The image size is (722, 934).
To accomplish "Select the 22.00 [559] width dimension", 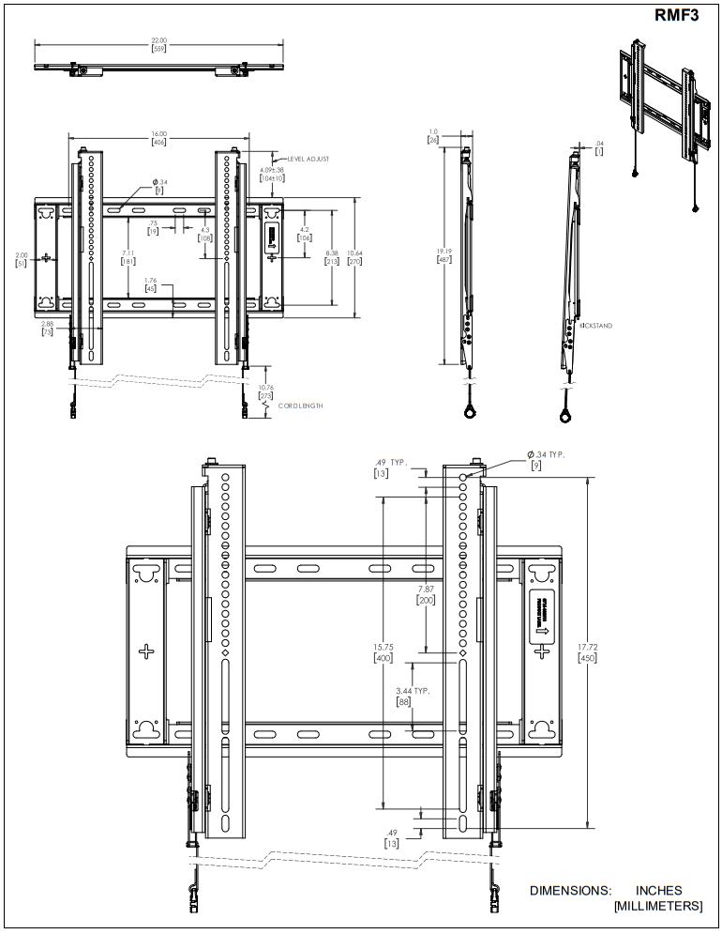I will pyautogui.click(x=158, y=44).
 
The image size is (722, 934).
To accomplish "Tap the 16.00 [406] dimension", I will pyautogui.click(x=158, y=138).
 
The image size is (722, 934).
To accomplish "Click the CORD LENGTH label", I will pyautogui.click(x=301, y=406).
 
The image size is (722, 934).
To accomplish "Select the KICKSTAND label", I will pyautogui.click(x=596, y=326).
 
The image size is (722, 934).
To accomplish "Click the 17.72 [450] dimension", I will pyautogui.click(x=588, y=652).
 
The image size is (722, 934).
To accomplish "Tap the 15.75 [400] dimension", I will pyautogui.click(x=384, y=652).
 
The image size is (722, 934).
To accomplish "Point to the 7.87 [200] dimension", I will pyautogui.click(x=427, y=594).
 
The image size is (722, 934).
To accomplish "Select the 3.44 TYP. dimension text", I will pyautogui.click(x=413, y=690).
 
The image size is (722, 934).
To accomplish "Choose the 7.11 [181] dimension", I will pyautogui.click(x=127, y=257).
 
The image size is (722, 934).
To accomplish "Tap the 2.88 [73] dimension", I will pyautogui.click(x=47, y=328).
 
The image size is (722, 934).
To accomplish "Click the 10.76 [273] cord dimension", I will pyautogui.click(x=265, y=391).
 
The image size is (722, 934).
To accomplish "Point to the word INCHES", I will pyautogui.click(x=658, y=891).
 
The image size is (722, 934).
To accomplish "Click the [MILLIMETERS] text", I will pyautogui.click(x=657, y=906).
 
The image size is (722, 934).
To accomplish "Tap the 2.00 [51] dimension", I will pyautogui.click(x=22, y=259).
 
